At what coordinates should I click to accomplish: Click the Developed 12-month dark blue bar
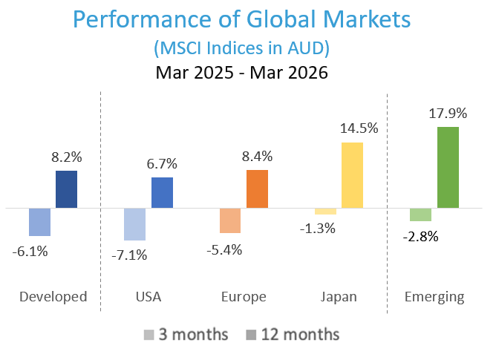66,189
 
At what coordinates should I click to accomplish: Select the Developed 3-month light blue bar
39,221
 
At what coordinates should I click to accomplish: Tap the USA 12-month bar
162,192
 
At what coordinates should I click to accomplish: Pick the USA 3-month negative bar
134,224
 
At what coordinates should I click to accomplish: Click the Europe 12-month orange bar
257,189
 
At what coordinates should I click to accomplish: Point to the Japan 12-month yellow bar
352,174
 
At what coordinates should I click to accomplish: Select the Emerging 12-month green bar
448,167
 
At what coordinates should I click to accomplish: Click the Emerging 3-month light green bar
420,215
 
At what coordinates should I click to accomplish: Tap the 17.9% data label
448,114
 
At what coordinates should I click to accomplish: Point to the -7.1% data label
130,255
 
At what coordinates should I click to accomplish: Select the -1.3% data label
319,229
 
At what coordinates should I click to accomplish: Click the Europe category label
244,297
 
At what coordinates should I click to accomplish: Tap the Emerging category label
434,297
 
